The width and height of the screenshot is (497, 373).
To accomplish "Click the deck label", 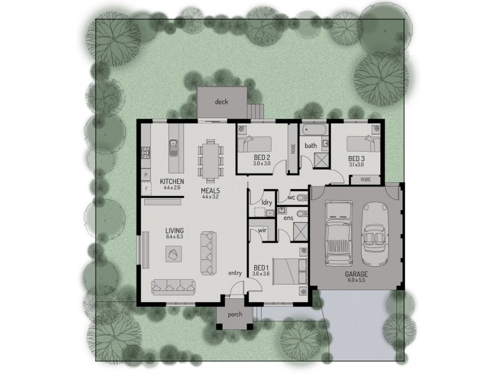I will (221, 101).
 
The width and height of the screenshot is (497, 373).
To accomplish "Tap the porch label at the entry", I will (235, 314).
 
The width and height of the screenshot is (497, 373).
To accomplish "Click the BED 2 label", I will (262, 157).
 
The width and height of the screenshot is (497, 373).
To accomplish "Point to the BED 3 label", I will (357, 158).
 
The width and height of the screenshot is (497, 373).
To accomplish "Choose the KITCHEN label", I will (171, 180).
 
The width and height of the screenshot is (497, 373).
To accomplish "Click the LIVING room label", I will (175, 229).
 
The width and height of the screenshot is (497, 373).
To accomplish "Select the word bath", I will (311, 145).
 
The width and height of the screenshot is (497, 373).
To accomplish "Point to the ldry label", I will (267, 202).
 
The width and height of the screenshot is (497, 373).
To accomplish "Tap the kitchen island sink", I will (174, 148).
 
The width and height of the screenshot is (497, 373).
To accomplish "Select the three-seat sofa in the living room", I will (174, 285).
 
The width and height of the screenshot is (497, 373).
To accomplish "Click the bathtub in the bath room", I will (314, 130).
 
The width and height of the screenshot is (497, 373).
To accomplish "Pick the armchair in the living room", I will (173, 253).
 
